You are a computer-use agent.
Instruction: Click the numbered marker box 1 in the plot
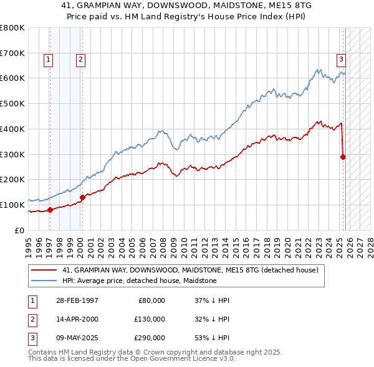49,60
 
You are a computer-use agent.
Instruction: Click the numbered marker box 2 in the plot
81,60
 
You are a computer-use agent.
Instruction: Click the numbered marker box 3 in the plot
342,60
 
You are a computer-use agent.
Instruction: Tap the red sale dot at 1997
50,210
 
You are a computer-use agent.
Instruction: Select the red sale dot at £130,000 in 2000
82,197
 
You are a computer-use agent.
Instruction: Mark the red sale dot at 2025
343,157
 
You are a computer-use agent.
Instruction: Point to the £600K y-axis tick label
12,78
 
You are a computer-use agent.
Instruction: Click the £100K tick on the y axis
12,205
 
